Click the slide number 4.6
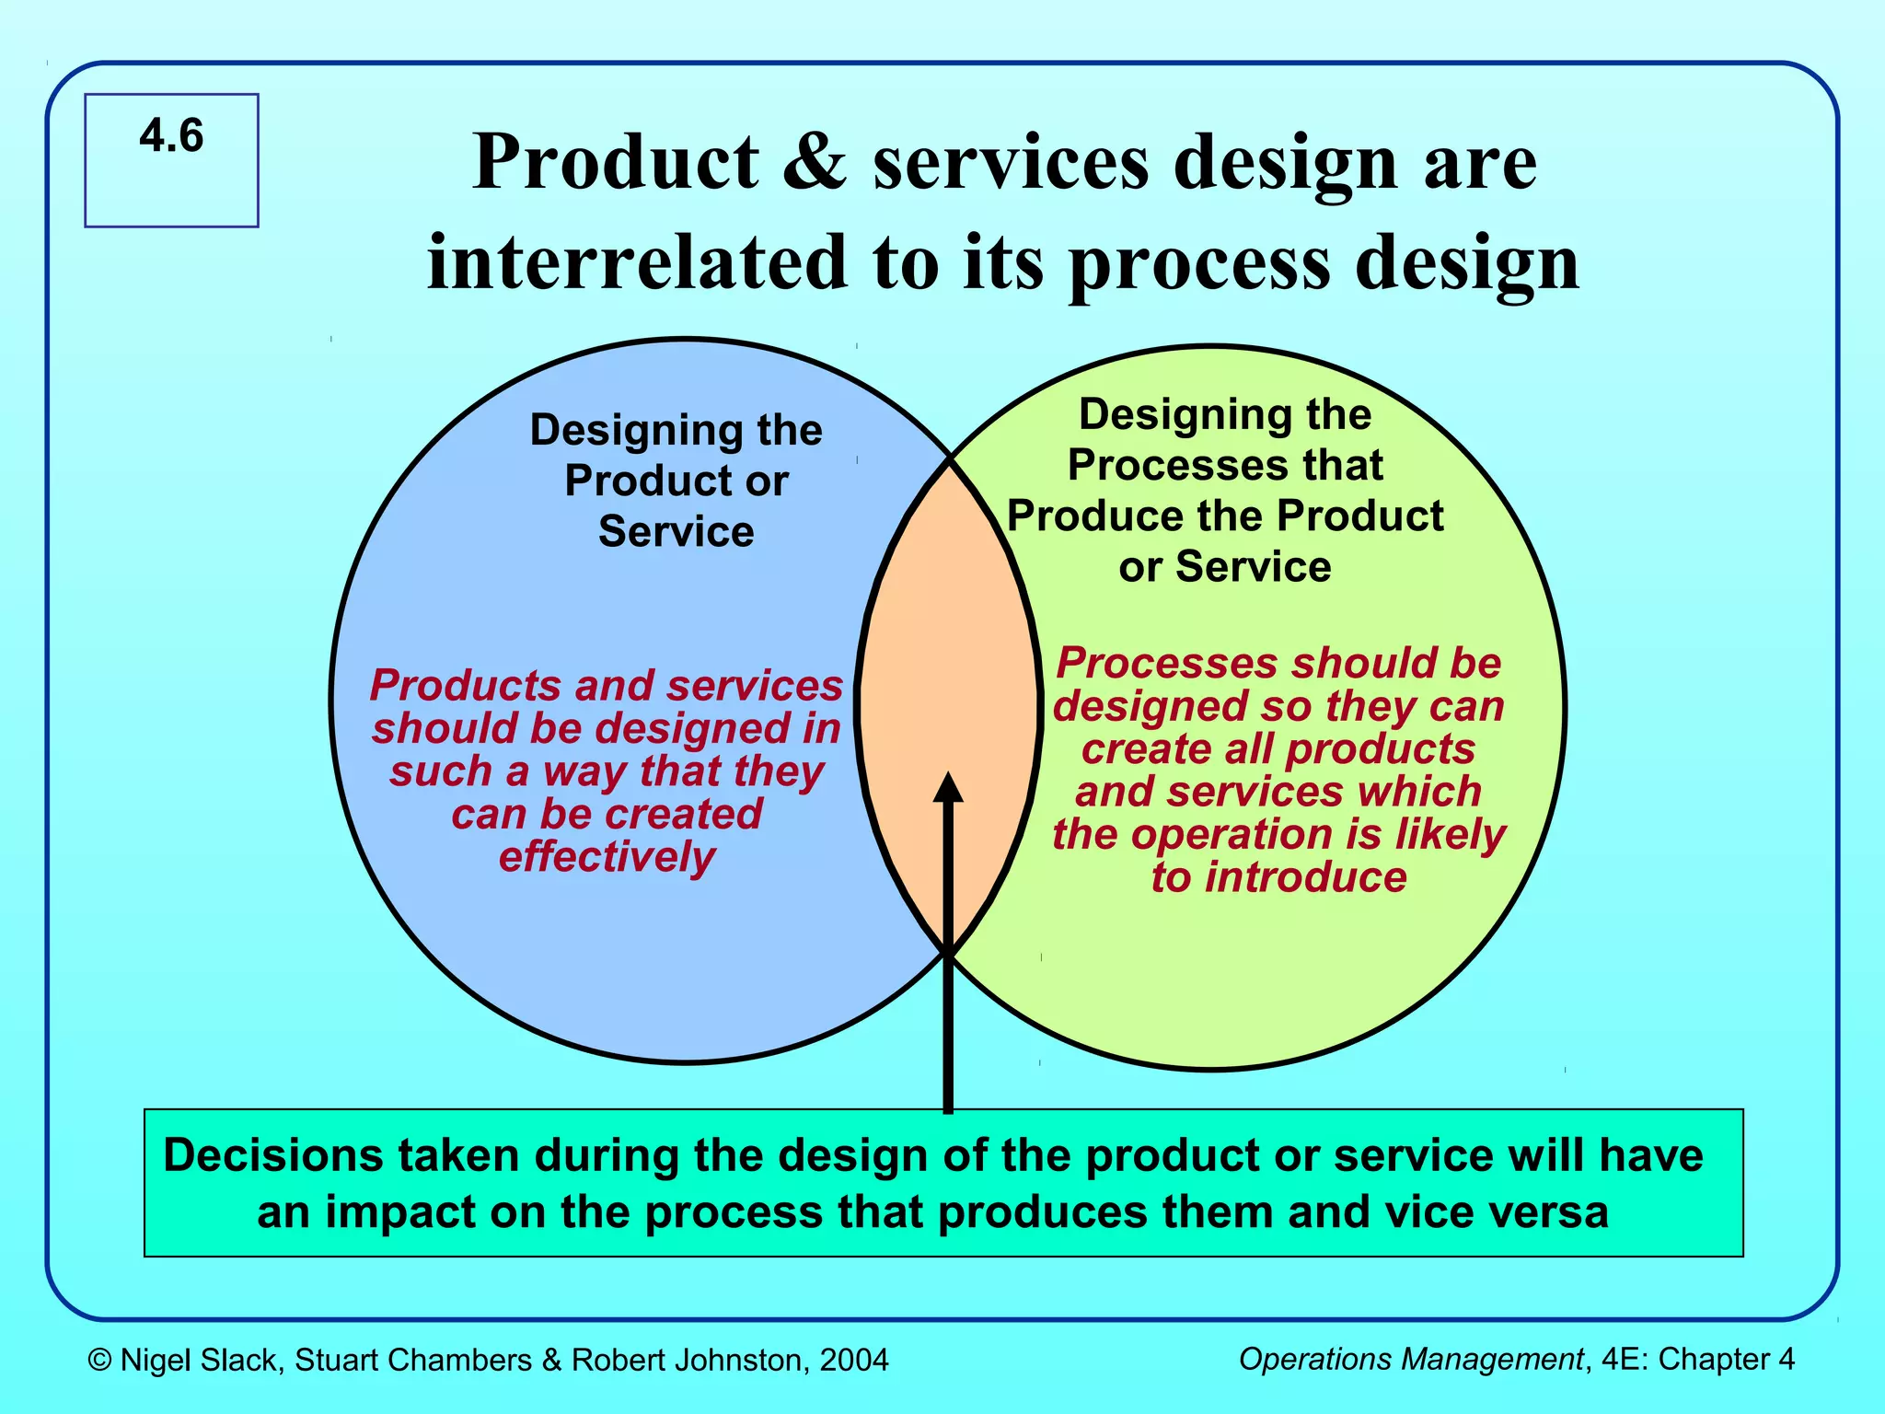click(171, 136)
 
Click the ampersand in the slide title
click(814, 161)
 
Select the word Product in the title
click(616, 161)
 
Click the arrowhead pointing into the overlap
click(948, 789)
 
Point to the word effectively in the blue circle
click(607, 857)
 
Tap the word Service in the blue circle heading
click(677, 532)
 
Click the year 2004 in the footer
click(854, 1360)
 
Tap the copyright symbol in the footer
click(100, 1360)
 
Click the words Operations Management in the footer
click(1411, 1359)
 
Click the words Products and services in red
click(607, 686)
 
